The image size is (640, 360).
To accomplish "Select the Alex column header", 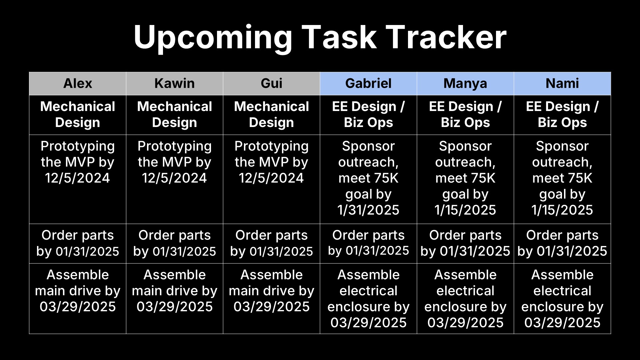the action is (x=78, y=83).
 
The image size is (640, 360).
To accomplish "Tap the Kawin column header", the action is (x=175, y=83).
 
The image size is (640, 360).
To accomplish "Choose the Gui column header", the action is (x=272, y=83).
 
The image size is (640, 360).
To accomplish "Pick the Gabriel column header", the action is (x=368, y=83).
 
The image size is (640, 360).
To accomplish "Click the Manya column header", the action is (x=465, y=83).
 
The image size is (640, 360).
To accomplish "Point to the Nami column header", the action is (x=562, y=83).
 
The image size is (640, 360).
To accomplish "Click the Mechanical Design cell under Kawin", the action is (x=175, y=115).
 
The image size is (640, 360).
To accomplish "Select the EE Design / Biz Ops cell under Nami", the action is (x=562, y=115).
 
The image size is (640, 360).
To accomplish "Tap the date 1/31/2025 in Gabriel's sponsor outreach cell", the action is (x=368, y=210).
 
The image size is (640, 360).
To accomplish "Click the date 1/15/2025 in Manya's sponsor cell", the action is (x=465, y=210).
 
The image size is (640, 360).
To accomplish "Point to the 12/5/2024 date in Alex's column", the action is (x=78, y=178).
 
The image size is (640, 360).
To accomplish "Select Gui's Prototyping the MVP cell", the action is (x=272, y=179).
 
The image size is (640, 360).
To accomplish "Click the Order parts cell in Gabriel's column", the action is (x=368, y=243).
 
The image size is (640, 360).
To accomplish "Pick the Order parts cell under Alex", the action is (x=78, y=243).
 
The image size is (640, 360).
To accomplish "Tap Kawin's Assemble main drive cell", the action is (x=175, y=298).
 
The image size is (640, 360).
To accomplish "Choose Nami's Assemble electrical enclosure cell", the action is (x=562, y=298).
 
